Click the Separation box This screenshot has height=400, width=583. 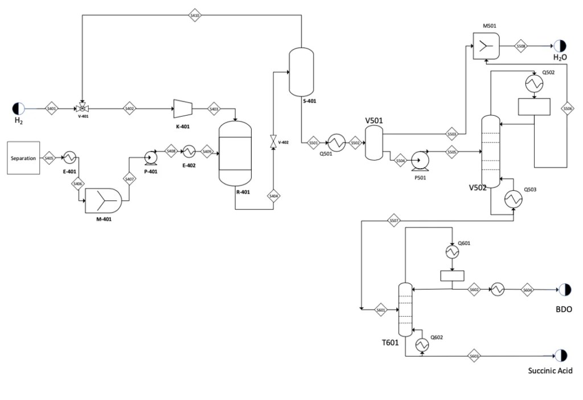pos(23,158)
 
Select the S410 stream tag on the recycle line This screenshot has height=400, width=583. pos(195,15)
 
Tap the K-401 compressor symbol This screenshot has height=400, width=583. pos(182,108)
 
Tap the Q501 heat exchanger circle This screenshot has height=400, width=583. pos(336,143)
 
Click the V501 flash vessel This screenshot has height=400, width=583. pos(373,142)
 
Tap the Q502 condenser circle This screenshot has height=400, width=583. pos(535,83)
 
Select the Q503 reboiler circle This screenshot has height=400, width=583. pos(514,198)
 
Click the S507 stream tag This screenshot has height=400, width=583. pos(394,220)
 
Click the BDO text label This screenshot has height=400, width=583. pos(564,309)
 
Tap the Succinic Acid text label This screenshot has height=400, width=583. pos(549,370)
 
